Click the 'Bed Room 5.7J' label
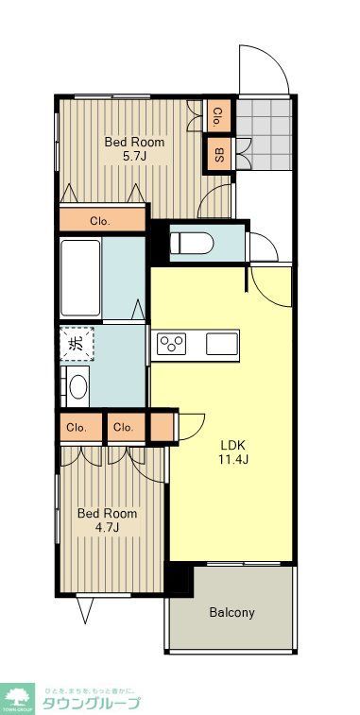tap(134, 149)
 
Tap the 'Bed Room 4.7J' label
tap(107, 520)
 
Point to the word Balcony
tap(231, 612)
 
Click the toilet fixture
tap(194, 243)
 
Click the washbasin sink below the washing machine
tap(77, 386)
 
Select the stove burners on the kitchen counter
tap(173, 343)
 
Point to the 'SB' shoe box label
tap(219, 153)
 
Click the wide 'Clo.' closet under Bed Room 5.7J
tap(100, 221)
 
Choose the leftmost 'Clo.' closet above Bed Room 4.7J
tap(77, 427)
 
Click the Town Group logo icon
tap(16, 696)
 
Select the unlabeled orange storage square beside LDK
tap(163, 427)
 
